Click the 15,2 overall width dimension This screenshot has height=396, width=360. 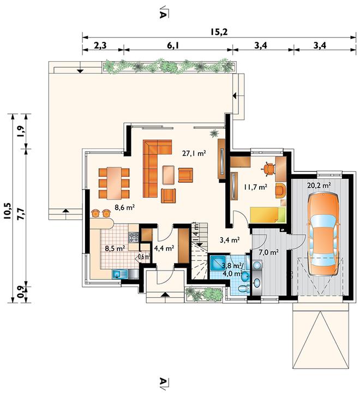pos(219,32)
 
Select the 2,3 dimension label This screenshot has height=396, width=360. pos(100,46)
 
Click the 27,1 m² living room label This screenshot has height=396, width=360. pos(194,153)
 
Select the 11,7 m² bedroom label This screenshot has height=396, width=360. pos(255,187)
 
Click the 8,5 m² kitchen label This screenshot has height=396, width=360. pos(115,248)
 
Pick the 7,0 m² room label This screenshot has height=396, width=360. pos(268,252)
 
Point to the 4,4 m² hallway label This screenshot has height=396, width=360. pos(164,248)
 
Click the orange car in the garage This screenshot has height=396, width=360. pos(323,234)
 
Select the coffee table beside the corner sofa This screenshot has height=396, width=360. pos(168,175)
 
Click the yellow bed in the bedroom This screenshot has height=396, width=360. pos(267,215)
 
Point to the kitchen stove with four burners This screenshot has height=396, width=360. pos(134,237)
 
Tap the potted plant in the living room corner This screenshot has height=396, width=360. pos(214,133)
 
